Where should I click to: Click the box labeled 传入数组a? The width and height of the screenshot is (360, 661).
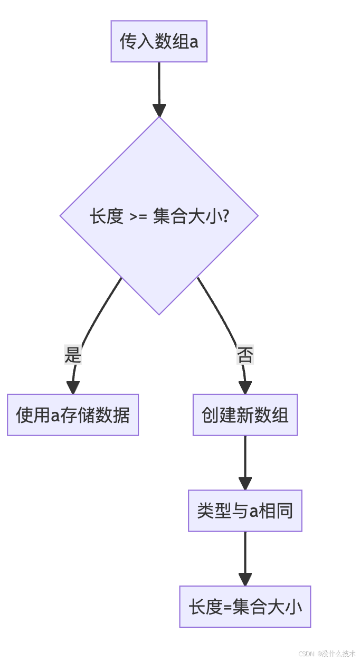[x=158, y=41]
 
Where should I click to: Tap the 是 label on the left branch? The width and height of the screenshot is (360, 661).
[x=73, y=355]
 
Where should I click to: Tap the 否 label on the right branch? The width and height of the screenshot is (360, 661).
[x=245, y=355]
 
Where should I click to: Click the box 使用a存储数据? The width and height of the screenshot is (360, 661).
[x=73, y=415]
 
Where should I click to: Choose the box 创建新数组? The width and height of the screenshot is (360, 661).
[x=245, y=415]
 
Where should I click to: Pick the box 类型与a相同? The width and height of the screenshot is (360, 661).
[x=245, y=511]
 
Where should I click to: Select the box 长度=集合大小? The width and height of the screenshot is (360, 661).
[x=245, y=607]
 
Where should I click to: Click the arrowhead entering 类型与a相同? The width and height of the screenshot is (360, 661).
[x=245, y=483]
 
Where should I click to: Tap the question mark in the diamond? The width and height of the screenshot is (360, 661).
[x=224, y=216]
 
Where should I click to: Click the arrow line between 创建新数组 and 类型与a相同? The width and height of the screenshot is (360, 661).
[x=245, y=457]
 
